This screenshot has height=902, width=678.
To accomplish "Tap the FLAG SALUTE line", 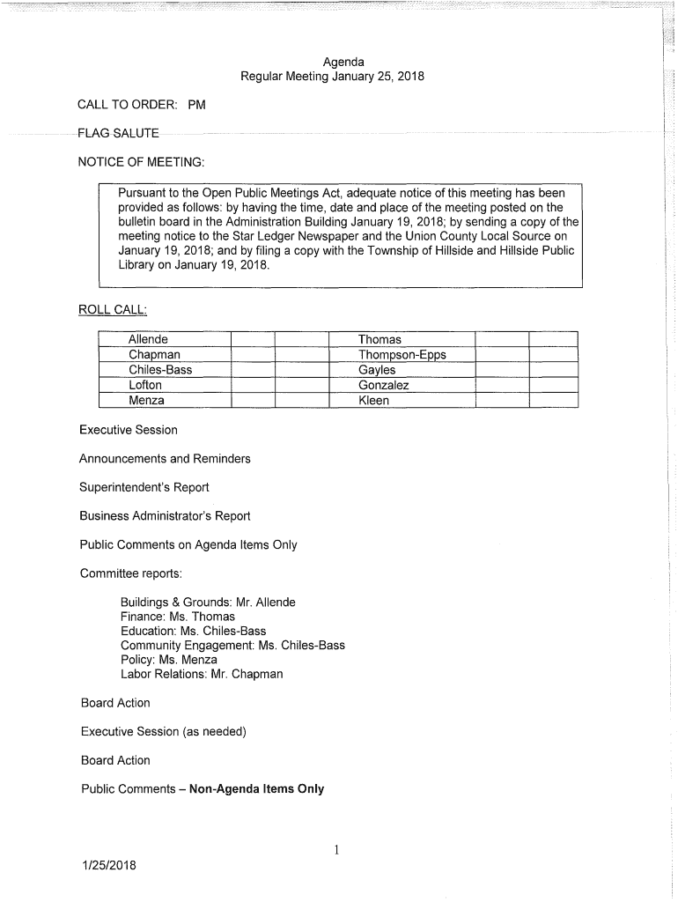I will (x=118, y=133).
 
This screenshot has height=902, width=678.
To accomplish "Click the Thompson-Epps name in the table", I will (x=402, y=355).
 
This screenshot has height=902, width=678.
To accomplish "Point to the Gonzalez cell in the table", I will (x=383, y=385).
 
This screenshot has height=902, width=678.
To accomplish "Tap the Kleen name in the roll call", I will (x=373, y=400).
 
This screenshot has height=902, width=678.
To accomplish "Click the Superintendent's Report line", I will (x=144, y=487).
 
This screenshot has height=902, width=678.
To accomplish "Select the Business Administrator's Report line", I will (x=165, y=516).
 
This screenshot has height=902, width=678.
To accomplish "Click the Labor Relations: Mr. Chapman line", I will (x=202, y=674).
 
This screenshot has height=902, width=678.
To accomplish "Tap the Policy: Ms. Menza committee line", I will (x=168, y=660).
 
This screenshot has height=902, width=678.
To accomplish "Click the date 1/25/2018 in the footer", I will (x=108, y=864).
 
